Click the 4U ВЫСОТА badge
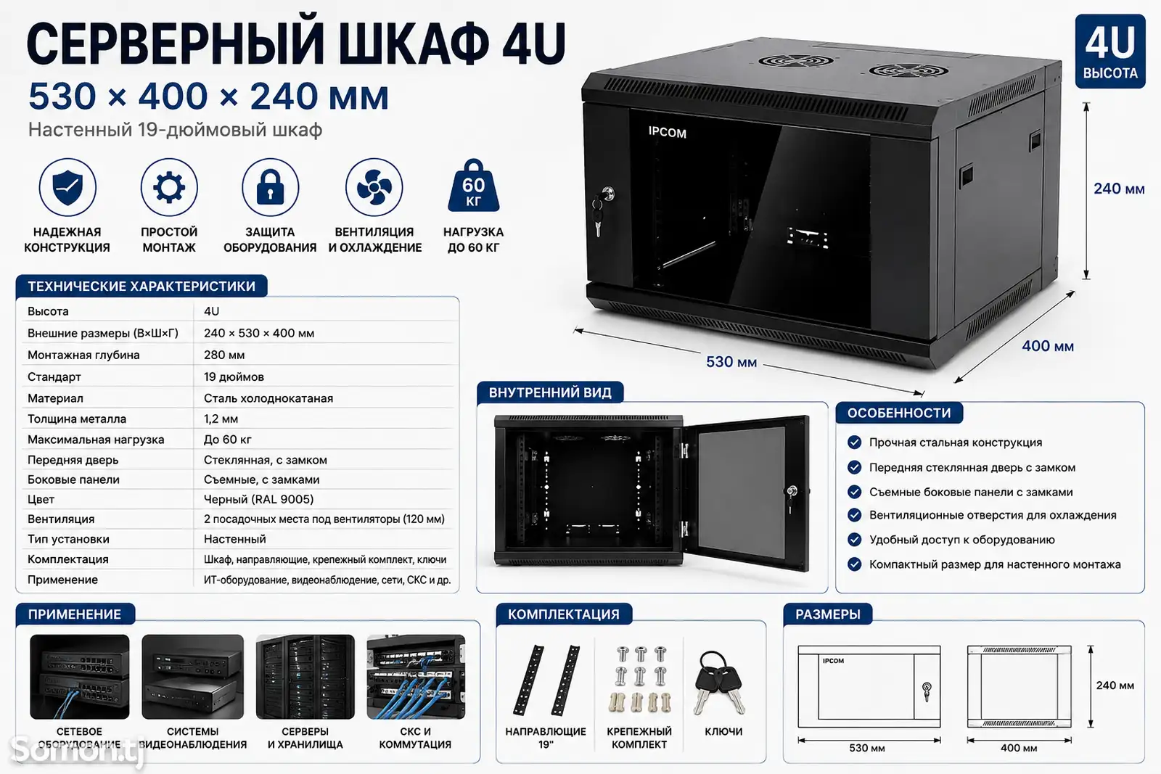1109,52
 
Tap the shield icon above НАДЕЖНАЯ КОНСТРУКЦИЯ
67,187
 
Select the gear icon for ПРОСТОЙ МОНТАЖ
169,187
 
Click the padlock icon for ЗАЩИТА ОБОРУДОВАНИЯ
271,187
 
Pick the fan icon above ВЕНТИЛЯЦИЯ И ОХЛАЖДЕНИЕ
374,187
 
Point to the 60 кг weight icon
473,186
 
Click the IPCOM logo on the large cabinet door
667,132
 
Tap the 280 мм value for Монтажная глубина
224,355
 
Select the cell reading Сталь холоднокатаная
268,398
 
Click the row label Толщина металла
77,419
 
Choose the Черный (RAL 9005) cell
258,499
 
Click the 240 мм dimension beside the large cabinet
1119,189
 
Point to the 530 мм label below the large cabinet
731,362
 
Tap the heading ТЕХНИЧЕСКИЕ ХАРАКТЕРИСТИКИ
141,286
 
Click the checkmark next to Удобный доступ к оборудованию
854,539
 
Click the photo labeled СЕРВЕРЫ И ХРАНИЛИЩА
305,677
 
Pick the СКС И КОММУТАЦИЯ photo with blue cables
416,677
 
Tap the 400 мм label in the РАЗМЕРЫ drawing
1019,748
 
